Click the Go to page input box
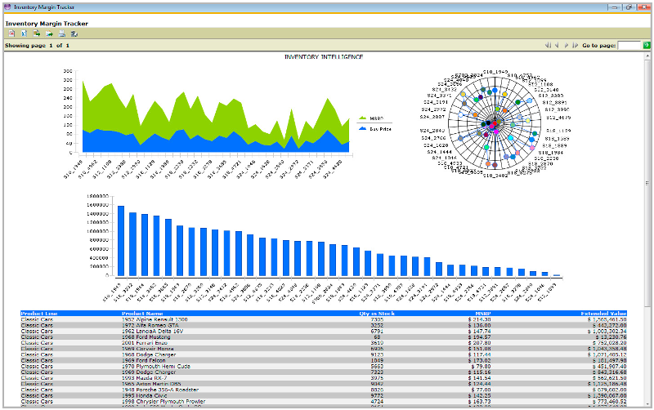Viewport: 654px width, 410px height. pyautogui.click(x=629, y=46)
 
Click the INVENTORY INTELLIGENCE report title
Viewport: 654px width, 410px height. pyautogui.click(x=323, y=57)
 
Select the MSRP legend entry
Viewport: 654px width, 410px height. pyautogui.click(x=376, y=118)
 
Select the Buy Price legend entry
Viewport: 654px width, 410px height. pyautogui.click(x=378, y=129)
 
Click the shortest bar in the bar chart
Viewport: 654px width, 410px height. pyautogui.click(x=557, y=275)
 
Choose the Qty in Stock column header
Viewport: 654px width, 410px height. pyautogui.click(x=377, y=313)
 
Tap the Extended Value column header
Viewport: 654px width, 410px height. pyautogui.click(x=603, y=313)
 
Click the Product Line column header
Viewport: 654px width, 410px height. pyautogui.click(x=39, y=313)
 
